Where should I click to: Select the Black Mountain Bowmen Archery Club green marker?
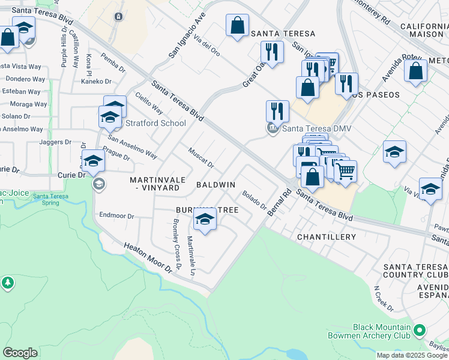click(x=420, y=330)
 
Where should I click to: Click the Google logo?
click(x=20, y=352)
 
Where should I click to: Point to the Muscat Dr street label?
click(x=200, y=158)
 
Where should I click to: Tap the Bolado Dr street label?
click(x=255, y=200)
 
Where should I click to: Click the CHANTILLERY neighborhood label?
click(x=327, y=237)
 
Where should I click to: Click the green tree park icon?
click(x=7, y=283)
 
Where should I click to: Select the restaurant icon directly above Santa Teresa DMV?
click(x=277, y=111)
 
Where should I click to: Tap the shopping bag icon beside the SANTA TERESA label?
click(x=237, y=26)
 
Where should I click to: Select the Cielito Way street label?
click(x=149, y=103)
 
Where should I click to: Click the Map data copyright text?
click(x=411, y=355)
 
